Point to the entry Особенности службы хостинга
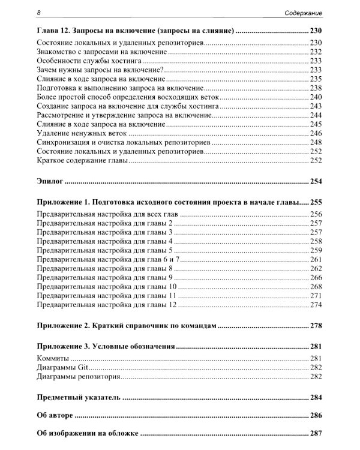tap(88, 61)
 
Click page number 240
tap(316, 96)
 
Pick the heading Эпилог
tap(50, 181)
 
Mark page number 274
tap(316, 305)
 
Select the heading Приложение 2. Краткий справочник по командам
tap(126, 326)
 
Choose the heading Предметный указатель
tap(78, 397)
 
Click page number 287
tap(316, 433)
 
